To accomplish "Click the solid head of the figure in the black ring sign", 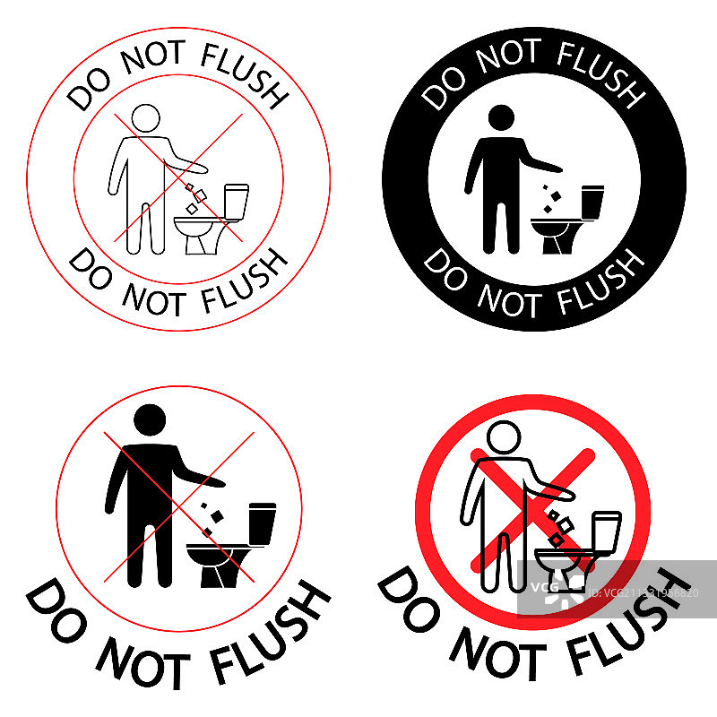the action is point(501,117).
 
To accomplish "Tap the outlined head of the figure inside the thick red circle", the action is point(504,436).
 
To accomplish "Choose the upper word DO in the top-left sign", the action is point(89,91).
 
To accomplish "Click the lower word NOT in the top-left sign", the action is point(154,299).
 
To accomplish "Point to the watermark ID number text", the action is point(644,593).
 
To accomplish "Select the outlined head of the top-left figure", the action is point(146,118).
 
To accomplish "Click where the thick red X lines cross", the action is point(533,510).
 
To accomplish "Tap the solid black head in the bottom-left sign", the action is point(150,419).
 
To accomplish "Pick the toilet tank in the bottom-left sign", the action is point(263,524).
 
